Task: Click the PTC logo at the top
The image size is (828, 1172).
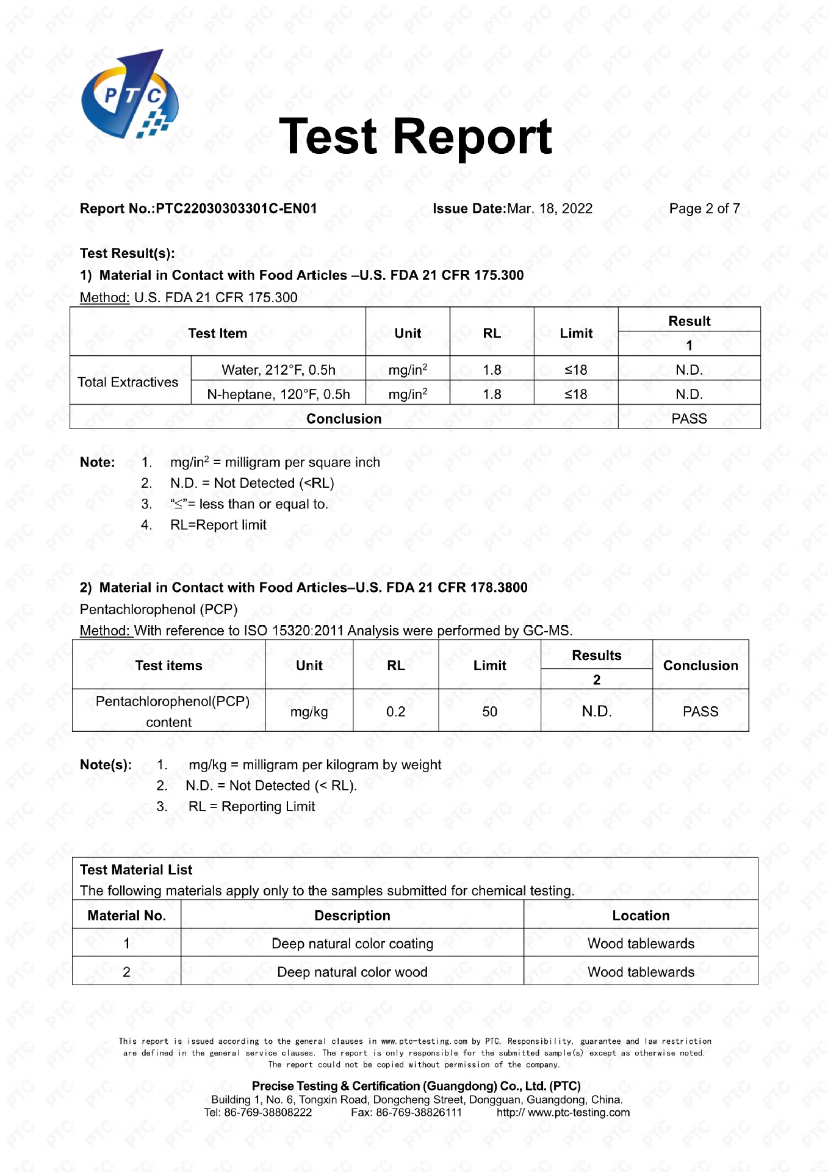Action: pyautogui.click(x=130, y=95)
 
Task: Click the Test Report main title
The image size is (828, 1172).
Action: pyautogui.click(x=415, y=137)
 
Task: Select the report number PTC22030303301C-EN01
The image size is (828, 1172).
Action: pyautogui.click(x=236, y=209)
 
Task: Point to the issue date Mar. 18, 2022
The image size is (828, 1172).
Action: pyautogui.click(x=549, y=209)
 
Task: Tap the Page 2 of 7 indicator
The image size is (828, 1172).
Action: pyautogui.click(x=704, y=209)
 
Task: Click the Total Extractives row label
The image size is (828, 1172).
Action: pyautogui.click(x=128, y=382)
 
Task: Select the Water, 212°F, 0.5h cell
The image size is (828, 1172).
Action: pyautogui.click(x=278, y=370)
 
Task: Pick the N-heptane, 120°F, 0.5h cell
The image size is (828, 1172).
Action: pyautogui.click(x=278, y=394)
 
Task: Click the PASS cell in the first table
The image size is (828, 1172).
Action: pyautogui.click(x=689, y=419)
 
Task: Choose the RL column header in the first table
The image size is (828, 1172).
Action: pyautogui.click(x=492, y=333)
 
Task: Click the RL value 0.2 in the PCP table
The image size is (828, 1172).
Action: pyautogui.click(x=395, y=712)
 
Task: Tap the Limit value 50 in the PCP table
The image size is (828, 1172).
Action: pyautogui.click(x=489, y=712)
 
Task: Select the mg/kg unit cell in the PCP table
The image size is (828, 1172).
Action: pyautogui.click(x=309, y=712)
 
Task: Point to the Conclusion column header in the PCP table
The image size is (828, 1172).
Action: pyautogui.click(x=700, y=665)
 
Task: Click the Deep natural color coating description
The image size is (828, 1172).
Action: pyautogui.click(x=352, y=944)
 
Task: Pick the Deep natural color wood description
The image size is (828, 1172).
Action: pyautogui.click(x=352, y=972)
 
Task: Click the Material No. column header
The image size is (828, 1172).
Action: pyautogui.click(x=126, y=916)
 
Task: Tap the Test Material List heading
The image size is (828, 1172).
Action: pyautogui.click(x=136, y=870)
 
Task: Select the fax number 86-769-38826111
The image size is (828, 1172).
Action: pyautogui.click(x=419, y=1112)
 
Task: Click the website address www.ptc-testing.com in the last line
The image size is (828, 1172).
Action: pyautogui.click(x=578, y=1112)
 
